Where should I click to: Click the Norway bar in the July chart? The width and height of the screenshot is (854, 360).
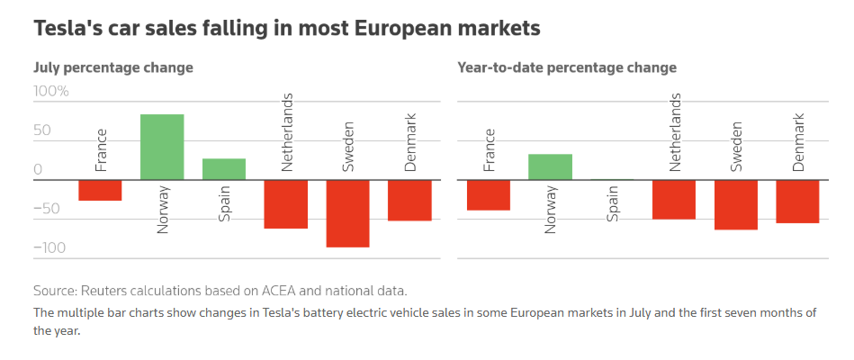pos(162,147)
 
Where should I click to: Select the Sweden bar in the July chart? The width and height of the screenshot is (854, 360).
pos(348,213)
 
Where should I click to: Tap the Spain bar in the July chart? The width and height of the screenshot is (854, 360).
pos(224,169)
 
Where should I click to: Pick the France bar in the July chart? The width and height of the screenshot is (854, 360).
pos(100,190)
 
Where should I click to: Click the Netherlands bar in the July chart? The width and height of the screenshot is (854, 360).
pos(286,204)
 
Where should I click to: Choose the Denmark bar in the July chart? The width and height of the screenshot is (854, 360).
pos(409,200)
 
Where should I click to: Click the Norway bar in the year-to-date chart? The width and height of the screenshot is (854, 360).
pos(550,166)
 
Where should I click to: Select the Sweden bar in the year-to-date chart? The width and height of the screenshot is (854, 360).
pos(736,204)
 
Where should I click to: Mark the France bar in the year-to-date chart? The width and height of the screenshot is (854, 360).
pos(489,194)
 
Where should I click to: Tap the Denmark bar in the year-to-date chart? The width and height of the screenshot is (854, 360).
pos(797,201)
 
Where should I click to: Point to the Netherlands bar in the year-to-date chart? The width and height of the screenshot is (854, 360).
pos(674,199)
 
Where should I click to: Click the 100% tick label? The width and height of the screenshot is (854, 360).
pos(51,92)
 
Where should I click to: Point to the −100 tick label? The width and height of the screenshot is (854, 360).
pos(50,248)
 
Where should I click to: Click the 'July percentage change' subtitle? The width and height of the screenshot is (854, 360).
pos(113,67)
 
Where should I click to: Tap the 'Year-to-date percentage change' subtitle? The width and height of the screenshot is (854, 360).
pos(567,67)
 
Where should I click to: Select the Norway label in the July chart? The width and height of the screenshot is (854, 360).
pos(163,210)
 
